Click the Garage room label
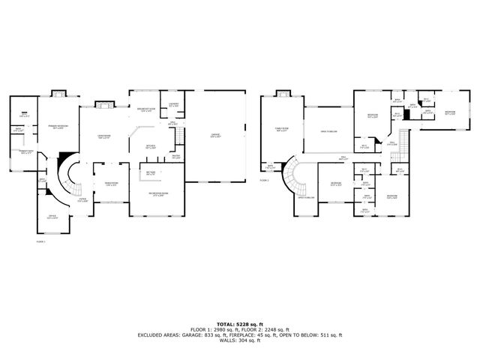pyautogui.click(x=215, y=136)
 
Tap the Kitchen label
pyautogui.click(x=149, y=147)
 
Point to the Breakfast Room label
pyautogui.click(x=145, y=110)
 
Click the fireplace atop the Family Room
pyautogui.click(x=282, y=95)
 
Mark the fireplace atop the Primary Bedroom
pyautogui.click(x=58, y=95)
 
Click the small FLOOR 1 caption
pyautogui.click(x=40, y=241)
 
